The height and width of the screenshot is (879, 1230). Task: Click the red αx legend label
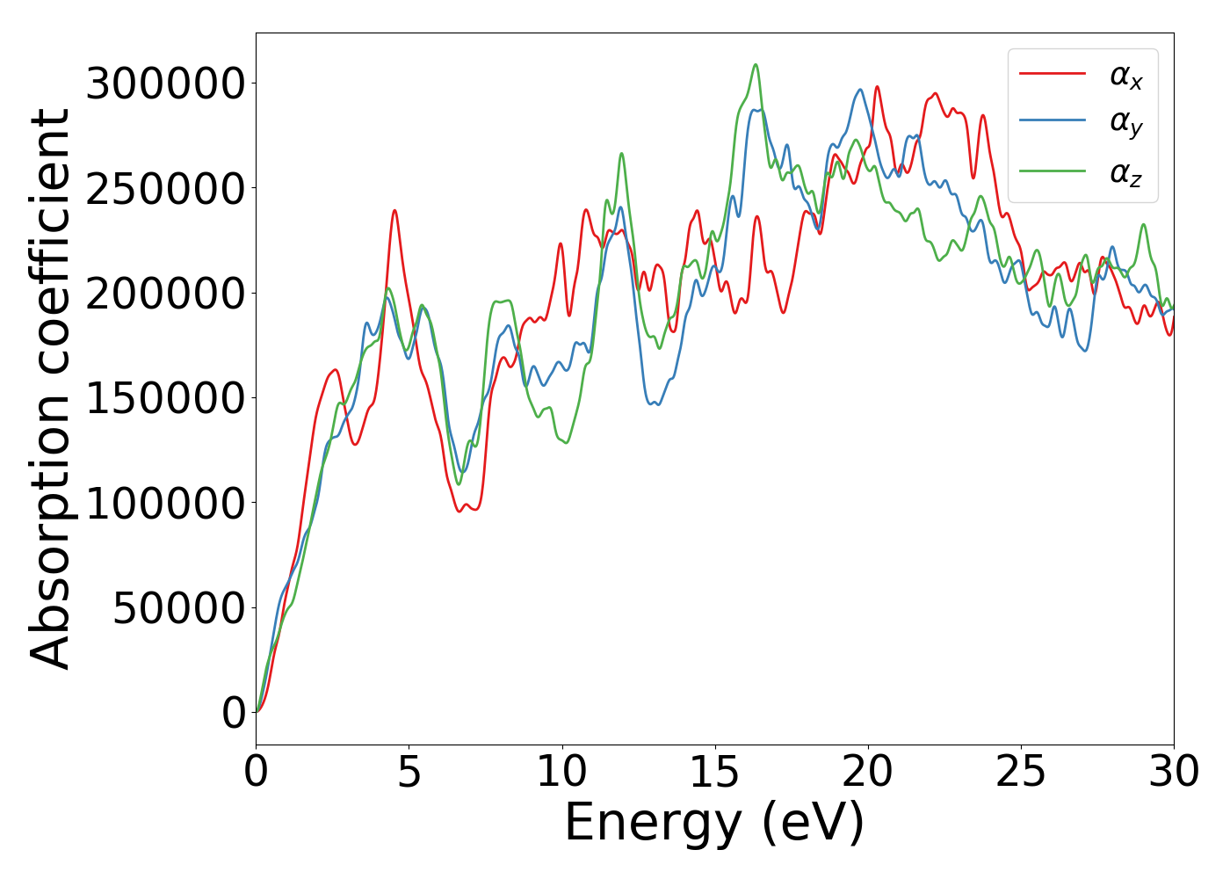(x=1126, y=77)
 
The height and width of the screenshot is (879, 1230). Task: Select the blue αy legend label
(x=1126, y=123)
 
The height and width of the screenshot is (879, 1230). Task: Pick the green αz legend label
(x=1126, y=173)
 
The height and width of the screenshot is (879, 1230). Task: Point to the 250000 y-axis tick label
(x=165, y=188)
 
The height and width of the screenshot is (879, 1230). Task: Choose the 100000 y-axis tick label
(x=165, y=503)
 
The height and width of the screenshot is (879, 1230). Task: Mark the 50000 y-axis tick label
(x=179, y=607)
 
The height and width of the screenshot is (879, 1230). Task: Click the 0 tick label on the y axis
(x=234, y=712)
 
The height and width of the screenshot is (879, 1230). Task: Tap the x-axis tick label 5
(x=409, y=772)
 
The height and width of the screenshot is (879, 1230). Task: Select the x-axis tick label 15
(x=715, y=772)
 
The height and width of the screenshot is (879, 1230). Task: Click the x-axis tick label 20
(x=868, y=772)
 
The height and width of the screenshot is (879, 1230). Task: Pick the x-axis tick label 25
(x=1021, y=772)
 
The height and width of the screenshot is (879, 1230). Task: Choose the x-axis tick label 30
(x=1174, y=772)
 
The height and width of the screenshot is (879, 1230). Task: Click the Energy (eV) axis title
(x=714, y=824)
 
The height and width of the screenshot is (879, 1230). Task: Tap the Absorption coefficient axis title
(x=51, y=389)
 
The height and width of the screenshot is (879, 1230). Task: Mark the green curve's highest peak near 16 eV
(x=755, y=64)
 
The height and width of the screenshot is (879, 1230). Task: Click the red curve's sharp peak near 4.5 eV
(x=394, y=210)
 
